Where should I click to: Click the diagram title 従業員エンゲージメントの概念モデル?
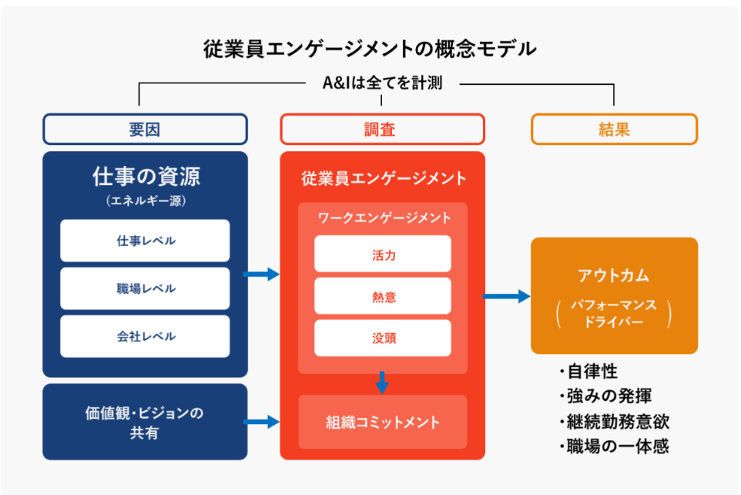(370, 49)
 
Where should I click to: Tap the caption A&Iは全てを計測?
(382, 82)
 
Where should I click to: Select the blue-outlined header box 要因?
(145, 130)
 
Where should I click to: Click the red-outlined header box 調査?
(382, 130)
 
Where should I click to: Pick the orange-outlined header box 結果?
(614, 130)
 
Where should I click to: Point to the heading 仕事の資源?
(145, 177)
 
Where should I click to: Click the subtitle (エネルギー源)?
(145, 201)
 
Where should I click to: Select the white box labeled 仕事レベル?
(145, 241)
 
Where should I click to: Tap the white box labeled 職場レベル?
(145, 288)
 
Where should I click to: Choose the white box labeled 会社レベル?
(145, 336)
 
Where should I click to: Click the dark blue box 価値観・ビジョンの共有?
(145, 423)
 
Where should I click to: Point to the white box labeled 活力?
(382, 254)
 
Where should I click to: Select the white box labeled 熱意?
(382, 296)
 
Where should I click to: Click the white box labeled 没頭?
(382, 338)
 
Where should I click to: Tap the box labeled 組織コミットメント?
(382, 422)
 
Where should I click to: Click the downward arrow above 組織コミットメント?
(382, 382)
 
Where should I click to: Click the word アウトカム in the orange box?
(614, 275)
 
